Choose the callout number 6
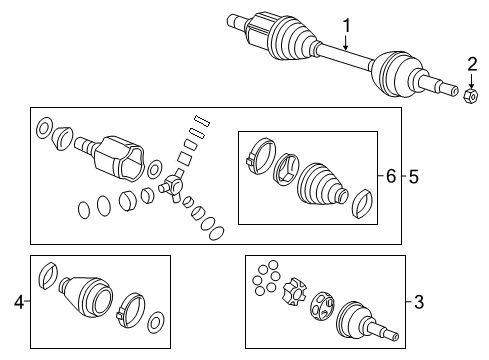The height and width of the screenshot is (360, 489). [x=391, y=176]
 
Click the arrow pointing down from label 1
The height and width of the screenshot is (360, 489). [x=345, y=42]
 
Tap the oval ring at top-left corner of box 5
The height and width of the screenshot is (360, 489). [x=44, y=128]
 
